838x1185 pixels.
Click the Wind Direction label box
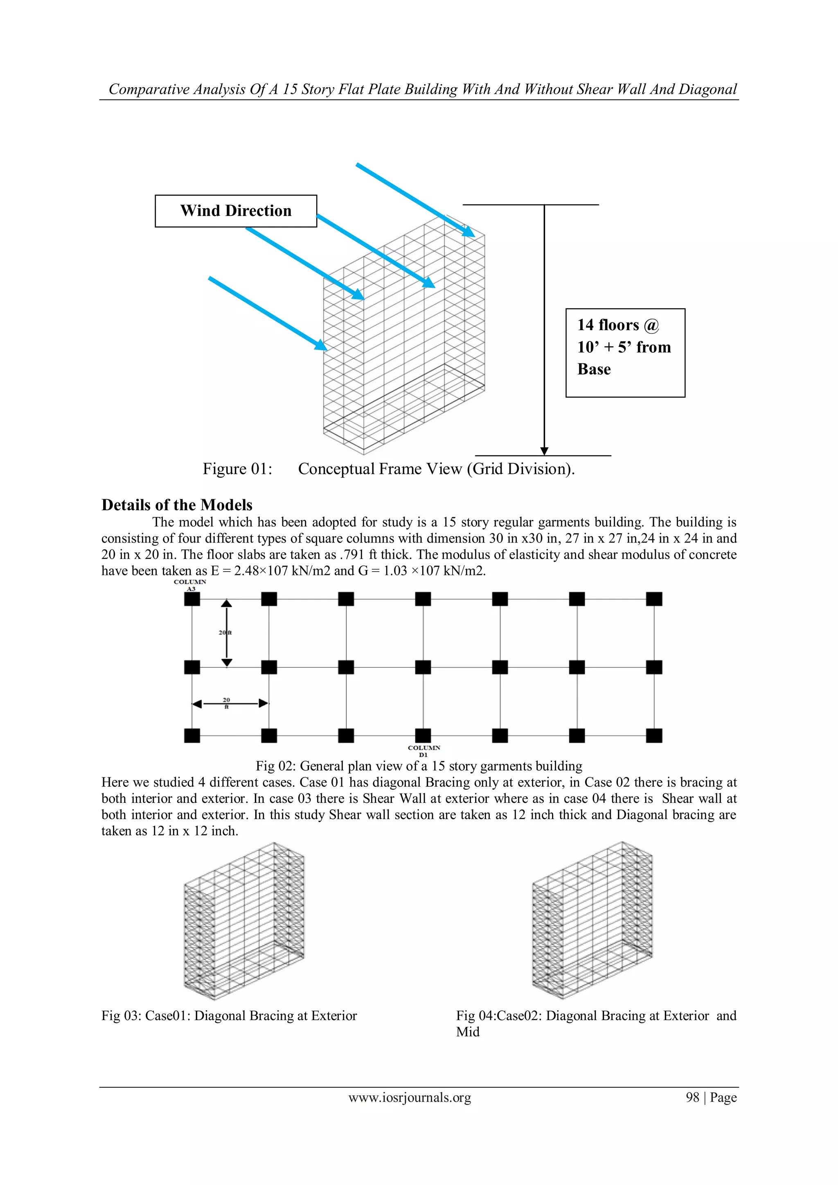point(236,211)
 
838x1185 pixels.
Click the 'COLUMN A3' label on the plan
point(190,585)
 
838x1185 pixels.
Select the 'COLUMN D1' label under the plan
point(424,751)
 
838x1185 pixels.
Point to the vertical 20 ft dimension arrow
point(227,633)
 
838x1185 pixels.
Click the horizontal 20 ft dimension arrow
point(230,703)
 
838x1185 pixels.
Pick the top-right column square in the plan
point(654,599)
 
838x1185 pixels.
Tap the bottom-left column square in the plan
point(192,735)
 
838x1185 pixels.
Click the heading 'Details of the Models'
point(177,505)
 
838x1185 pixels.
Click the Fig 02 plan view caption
point(419,766)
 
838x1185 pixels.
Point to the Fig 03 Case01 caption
point(229,1016)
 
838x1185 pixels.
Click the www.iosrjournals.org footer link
point(410,1097)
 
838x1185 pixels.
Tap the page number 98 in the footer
point(692,1097)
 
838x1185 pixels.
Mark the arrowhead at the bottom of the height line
point(544,451)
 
